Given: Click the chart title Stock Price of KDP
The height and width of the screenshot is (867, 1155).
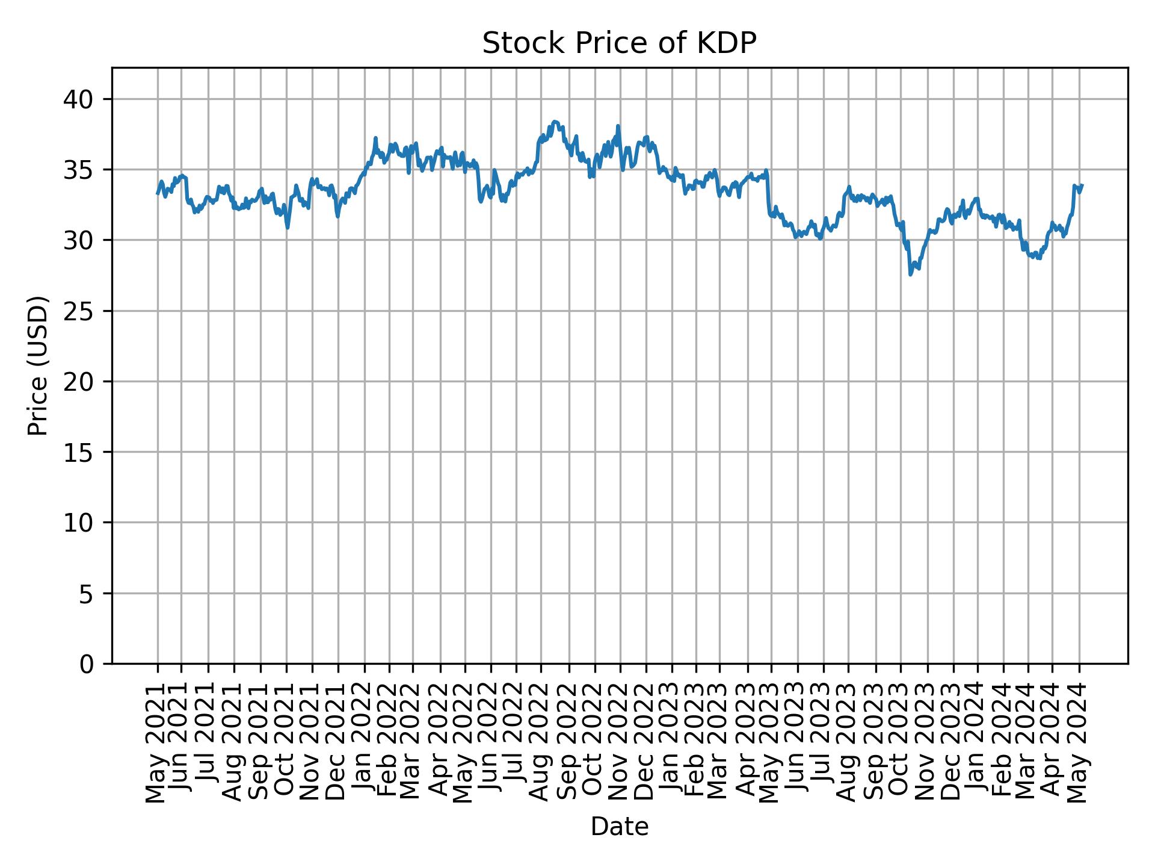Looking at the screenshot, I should click(619, 43).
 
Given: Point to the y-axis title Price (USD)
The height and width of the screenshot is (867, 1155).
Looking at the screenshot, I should click(38, 365).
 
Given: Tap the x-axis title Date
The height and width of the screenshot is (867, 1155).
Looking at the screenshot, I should click(619, 827).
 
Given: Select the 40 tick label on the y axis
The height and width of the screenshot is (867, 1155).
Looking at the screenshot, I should click(79, 99).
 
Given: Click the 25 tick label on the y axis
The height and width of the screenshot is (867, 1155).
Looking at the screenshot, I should click(79, 311).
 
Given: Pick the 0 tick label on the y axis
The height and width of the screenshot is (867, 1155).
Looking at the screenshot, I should click(87, 664).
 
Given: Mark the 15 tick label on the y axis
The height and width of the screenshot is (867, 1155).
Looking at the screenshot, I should click(79, 452).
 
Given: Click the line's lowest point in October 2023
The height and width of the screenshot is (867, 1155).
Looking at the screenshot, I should click(911, 275).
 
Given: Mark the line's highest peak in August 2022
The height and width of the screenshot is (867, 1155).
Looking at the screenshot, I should click(555, 122).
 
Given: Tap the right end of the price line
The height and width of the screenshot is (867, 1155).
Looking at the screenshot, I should click(1082, 185).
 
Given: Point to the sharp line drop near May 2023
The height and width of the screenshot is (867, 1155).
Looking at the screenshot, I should click(768, 193).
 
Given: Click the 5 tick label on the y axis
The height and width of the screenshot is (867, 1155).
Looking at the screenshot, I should click(87, 594).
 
